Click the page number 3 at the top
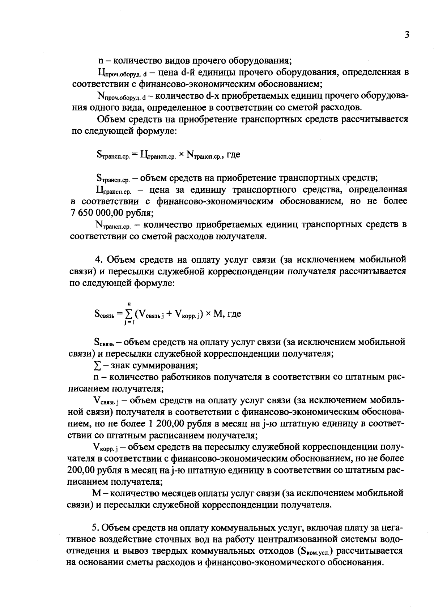pyautogui.click(x=407, y=35)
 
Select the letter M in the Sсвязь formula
pyautogui.click(x=218, y=314)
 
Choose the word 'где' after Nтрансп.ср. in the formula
pyautogui.click(x=233, y=155)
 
